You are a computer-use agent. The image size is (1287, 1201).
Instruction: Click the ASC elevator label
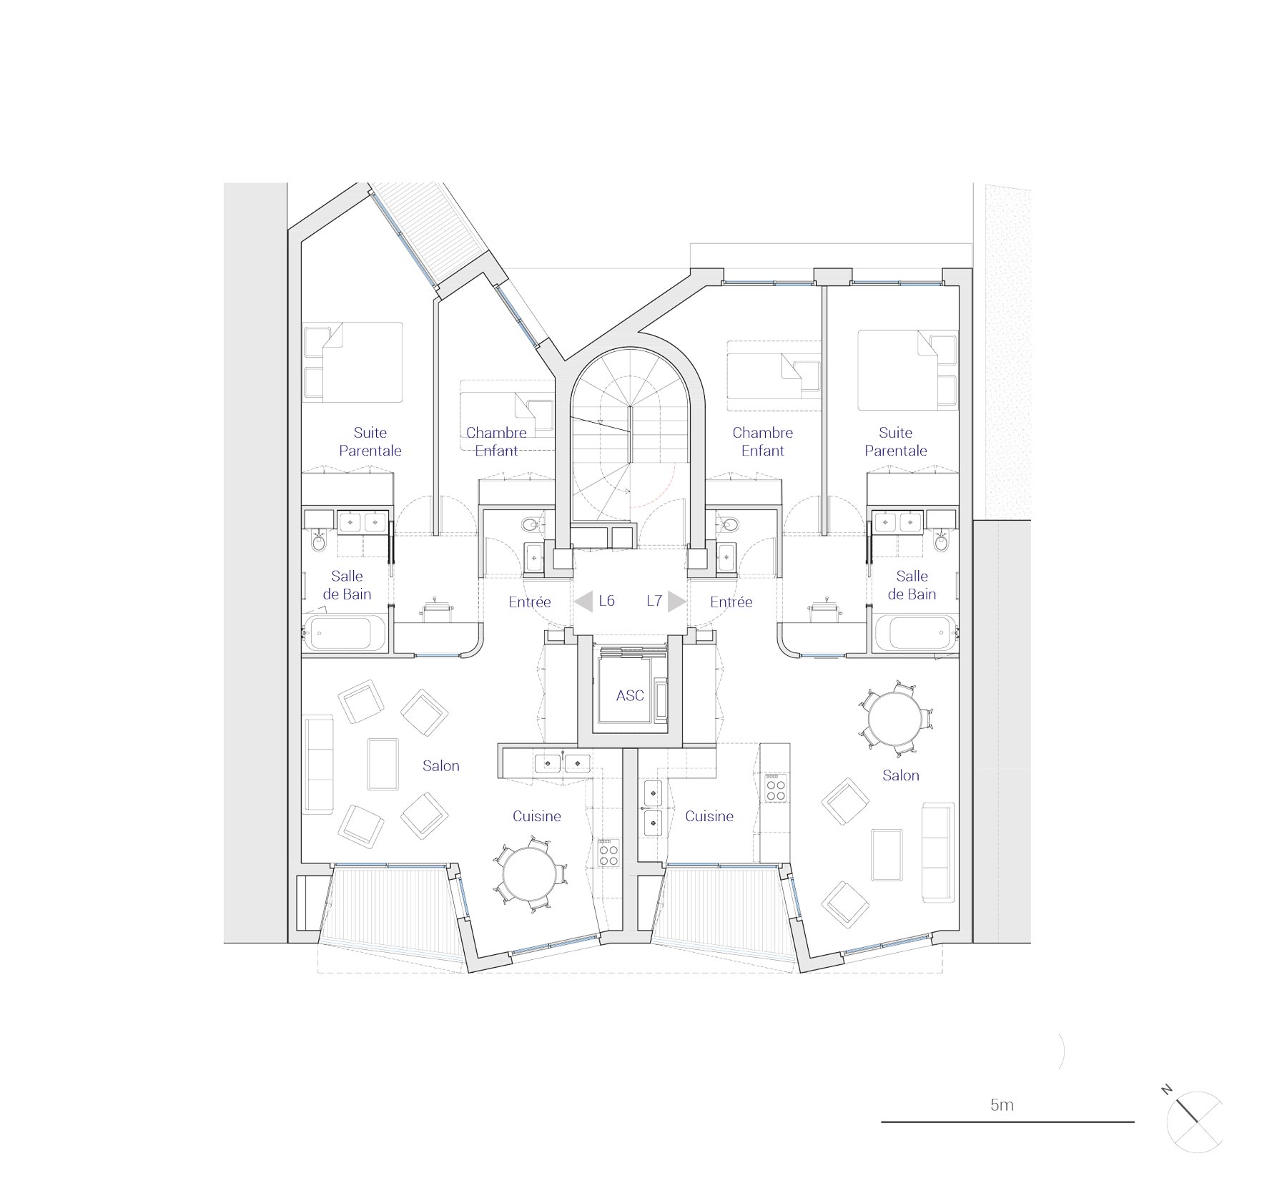tap(629, 695)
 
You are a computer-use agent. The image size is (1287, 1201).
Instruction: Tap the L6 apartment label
tap(606, 601)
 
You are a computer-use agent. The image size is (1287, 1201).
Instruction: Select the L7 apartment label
tap(654, 601)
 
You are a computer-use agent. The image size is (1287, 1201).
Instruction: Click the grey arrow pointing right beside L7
tap(676, 602)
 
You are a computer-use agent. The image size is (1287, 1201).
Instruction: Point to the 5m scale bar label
tap(1002, 1104)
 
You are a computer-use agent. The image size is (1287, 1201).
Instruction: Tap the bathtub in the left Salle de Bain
tap(339, 633)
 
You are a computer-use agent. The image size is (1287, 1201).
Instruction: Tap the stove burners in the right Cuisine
tap(775, 788)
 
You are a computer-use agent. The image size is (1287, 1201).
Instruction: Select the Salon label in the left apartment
tap(440, 766)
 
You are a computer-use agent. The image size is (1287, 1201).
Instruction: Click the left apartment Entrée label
tap(529, 602)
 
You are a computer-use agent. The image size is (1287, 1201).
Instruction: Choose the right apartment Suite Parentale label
tap(895, 441)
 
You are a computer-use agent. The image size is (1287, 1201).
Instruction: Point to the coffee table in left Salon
tap(383, 764)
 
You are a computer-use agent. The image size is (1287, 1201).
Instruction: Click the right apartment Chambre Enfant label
tap(762, 441)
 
